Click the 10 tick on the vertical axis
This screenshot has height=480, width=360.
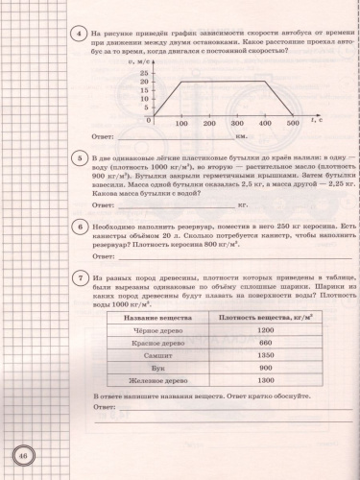144,102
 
